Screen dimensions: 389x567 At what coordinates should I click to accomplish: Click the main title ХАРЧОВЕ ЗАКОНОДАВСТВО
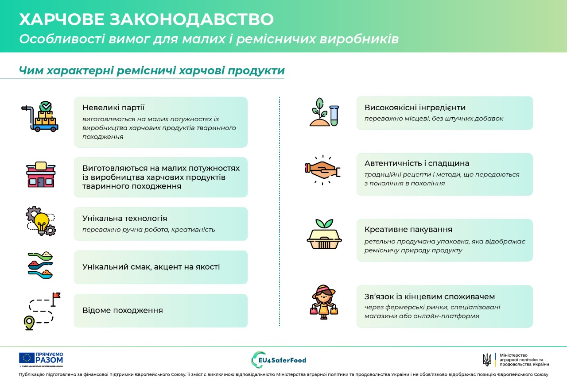coord(146,19)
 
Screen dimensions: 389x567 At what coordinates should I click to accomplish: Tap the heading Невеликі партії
coord(113,108)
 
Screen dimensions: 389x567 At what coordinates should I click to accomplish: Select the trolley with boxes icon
coord(40,117)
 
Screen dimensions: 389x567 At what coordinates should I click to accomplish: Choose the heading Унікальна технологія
coord(125,219)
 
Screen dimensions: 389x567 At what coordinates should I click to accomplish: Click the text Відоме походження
coord(123,310)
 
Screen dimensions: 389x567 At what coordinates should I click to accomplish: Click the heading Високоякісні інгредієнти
coord(415,108)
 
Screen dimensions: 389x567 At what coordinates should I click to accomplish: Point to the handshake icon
coord(323,169)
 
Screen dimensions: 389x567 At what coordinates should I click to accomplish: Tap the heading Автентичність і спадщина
coord(417,163)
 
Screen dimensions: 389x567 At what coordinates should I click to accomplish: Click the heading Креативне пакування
coord(408,230)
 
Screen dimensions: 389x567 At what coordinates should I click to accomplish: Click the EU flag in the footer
coord(27,358)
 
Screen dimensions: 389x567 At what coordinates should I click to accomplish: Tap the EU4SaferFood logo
coord(279,360)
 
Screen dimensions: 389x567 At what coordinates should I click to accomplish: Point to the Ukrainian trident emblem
coord(487,359)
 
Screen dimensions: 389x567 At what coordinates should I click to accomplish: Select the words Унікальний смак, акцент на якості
coord(151,267)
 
